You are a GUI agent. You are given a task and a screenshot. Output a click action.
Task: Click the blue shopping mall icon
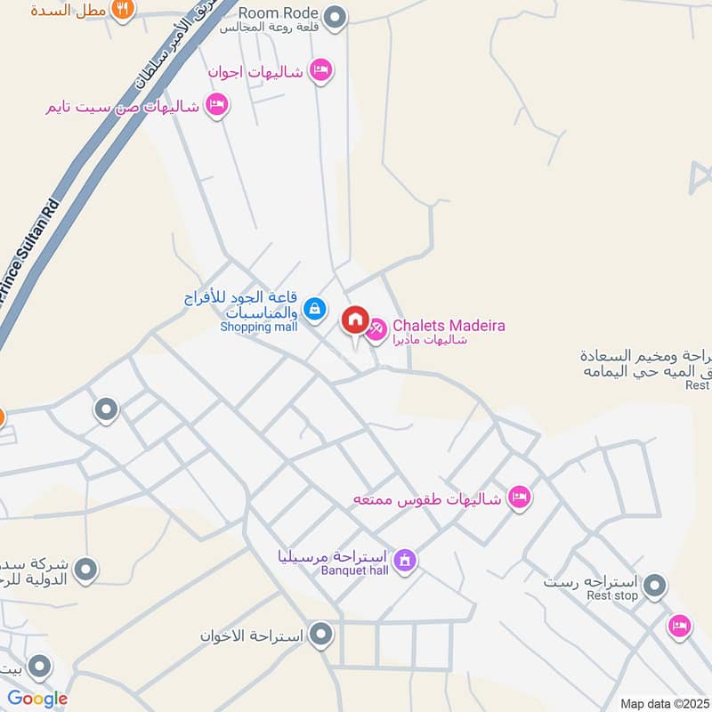(x=313, y=309)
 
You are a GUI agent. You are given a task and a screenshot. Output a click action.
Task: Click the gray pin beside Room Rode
(x=335, y=16)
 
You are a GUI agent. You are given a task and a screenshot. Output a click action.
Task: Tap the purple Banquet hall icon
(x=404, y=560)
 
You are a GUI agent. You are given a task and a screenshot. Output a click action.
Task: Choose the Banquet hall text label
(x=355, y=570)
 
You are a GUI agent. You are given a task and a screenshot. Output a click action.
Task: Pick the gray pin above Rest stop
(x=655, y=586)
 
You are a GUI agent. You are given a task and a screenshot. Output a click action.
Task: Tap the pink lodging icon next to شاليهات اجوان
(x=320, y=70)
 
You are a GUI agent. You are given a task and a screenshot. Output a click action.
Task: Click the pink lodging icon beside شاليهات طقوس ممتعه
(x=520, y=497)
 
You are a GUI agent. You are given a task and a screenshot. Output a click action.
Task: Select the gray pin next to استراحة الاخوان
(x=321, y=635)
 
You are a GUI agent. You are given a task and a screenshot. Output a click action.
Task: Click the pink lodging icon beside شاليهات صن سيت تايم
(x=216, y=106)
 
